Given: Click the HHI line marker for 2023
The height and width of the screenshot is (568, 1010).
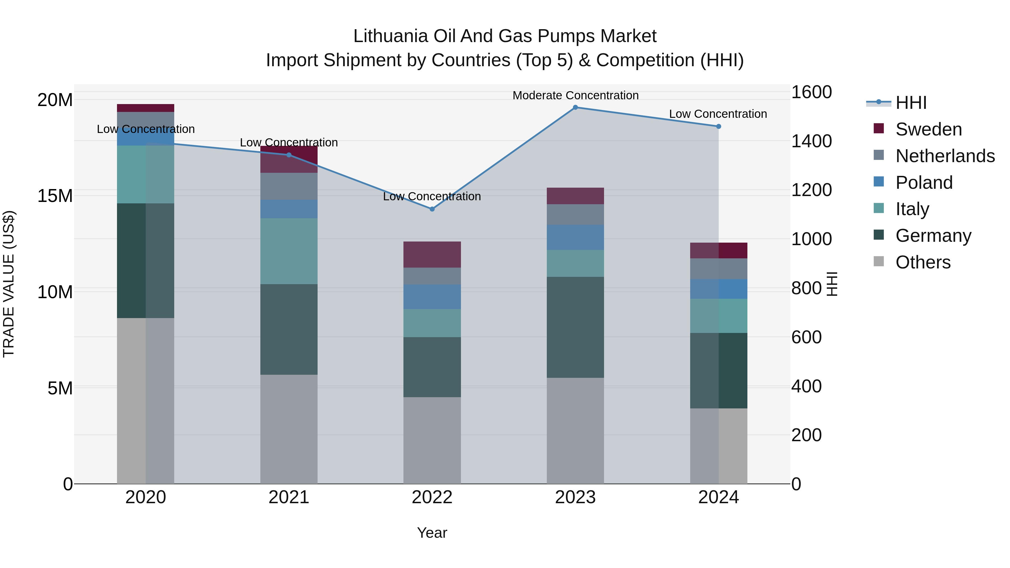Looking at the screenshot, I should [575, 107].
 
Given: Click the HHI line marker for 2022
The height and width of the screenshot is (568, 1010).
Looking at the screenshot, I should [432, 209].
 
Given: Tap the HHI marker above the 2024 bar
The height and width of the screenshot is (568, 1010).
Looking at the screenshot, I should [718, 127].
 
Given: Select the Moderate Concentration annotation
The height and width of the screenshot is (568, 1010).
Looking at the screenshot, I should [575, 95].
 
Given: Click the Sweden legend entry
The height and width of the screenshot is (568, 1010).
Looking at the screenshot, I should [928, 129].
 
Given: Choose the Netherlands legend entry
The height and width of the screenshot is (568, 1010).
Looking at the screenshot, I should [945, 156].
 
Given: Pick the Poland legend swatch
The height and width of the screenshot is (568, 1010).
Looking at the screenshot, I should [879, 182].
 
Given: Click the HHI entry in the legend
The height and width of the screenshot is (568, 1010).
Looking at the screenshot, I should [911, 103].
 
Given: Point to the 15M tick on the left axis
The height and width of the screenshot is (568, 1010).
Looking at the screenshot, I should [55, 196].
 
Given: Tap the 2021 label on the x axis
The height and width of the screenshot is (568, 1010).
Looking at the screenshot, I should [289, 497].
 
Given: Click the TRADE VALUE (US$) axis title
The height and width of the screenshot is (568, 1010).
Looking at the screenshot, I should [9, 284].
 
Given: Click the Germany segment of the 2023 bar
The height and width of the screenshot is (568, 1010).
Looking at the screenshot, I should [575, 327].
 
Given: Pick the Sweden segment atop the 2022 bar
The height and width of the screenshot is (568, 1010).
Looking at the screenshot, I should [432, 254].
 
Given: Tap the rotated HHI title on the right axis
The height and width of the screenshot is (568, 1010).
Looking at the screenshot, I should [831, 284].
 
